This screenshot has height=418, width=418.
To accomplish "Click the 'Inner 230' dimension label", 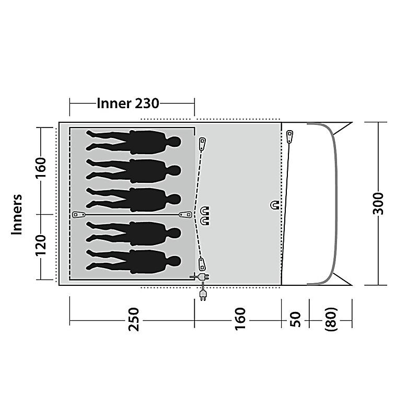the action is coord(128,103).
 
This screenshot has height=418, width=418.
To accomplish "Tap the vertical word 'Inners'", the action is coord(17,215).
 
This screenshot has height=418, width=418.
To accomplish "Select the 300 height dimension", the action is coord(378,203).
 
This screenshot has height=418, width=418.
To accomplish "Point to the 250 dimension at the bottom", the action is coord(134,319).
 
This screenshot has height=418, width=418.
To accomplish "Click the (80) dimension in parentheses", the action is coord(331,319).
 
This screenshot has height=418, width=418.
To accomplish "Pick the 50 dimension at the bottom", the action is coord(295,319).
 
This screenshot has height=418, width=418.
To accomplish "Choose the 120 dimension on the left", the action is coord(41,245).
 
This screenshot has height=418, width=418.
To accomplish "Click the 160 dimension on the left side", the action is coord(41,167).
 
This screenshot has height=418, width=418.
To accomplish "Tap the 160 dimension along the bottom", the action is coord(240,319).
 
